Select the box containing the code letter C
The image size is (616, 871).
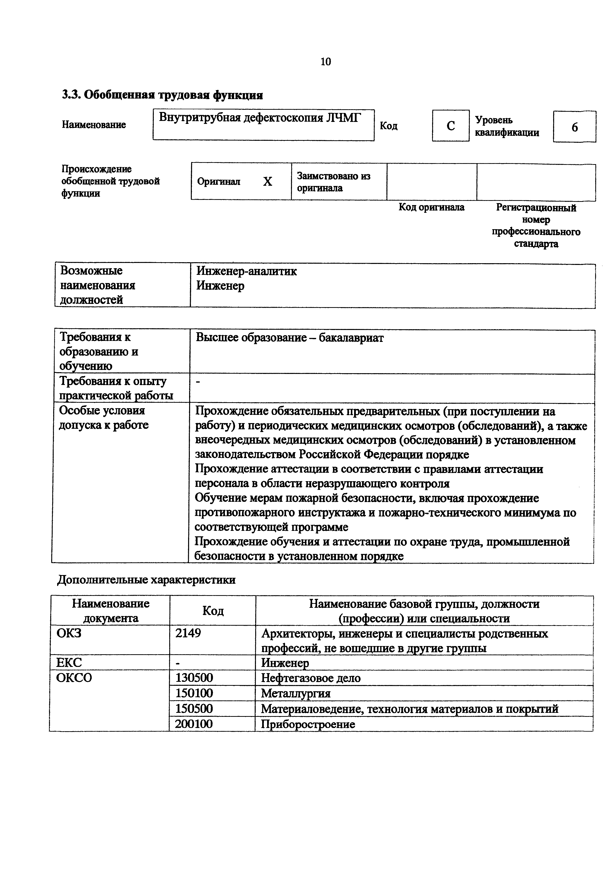point(451,126)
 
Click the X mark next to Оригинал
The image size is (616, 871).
point(268,182)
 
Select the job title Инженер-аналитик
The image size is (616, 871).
point(246,271)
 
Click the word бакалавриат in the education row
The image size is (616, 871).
point(351,338)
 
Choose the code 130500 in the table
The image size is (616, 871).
point(194,678)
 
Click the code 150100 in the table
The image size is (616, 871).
point(194,693)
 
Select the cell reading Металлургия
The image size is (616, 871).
point(296,693)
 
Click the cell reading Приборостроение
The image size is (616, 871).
point(308,724)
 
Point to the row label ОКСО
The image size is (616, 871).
point(74,678)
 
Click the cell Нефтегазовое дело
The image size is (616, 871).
point(310,678)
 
